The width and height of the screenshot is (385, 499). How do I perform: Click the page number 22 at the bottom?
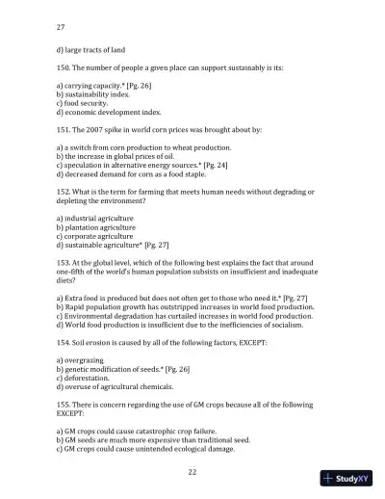192,471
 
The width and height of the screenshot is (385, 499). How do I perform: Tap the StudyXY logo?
350,478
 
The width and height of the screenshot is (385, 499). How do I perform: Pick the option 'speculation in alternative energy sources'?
140,166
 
